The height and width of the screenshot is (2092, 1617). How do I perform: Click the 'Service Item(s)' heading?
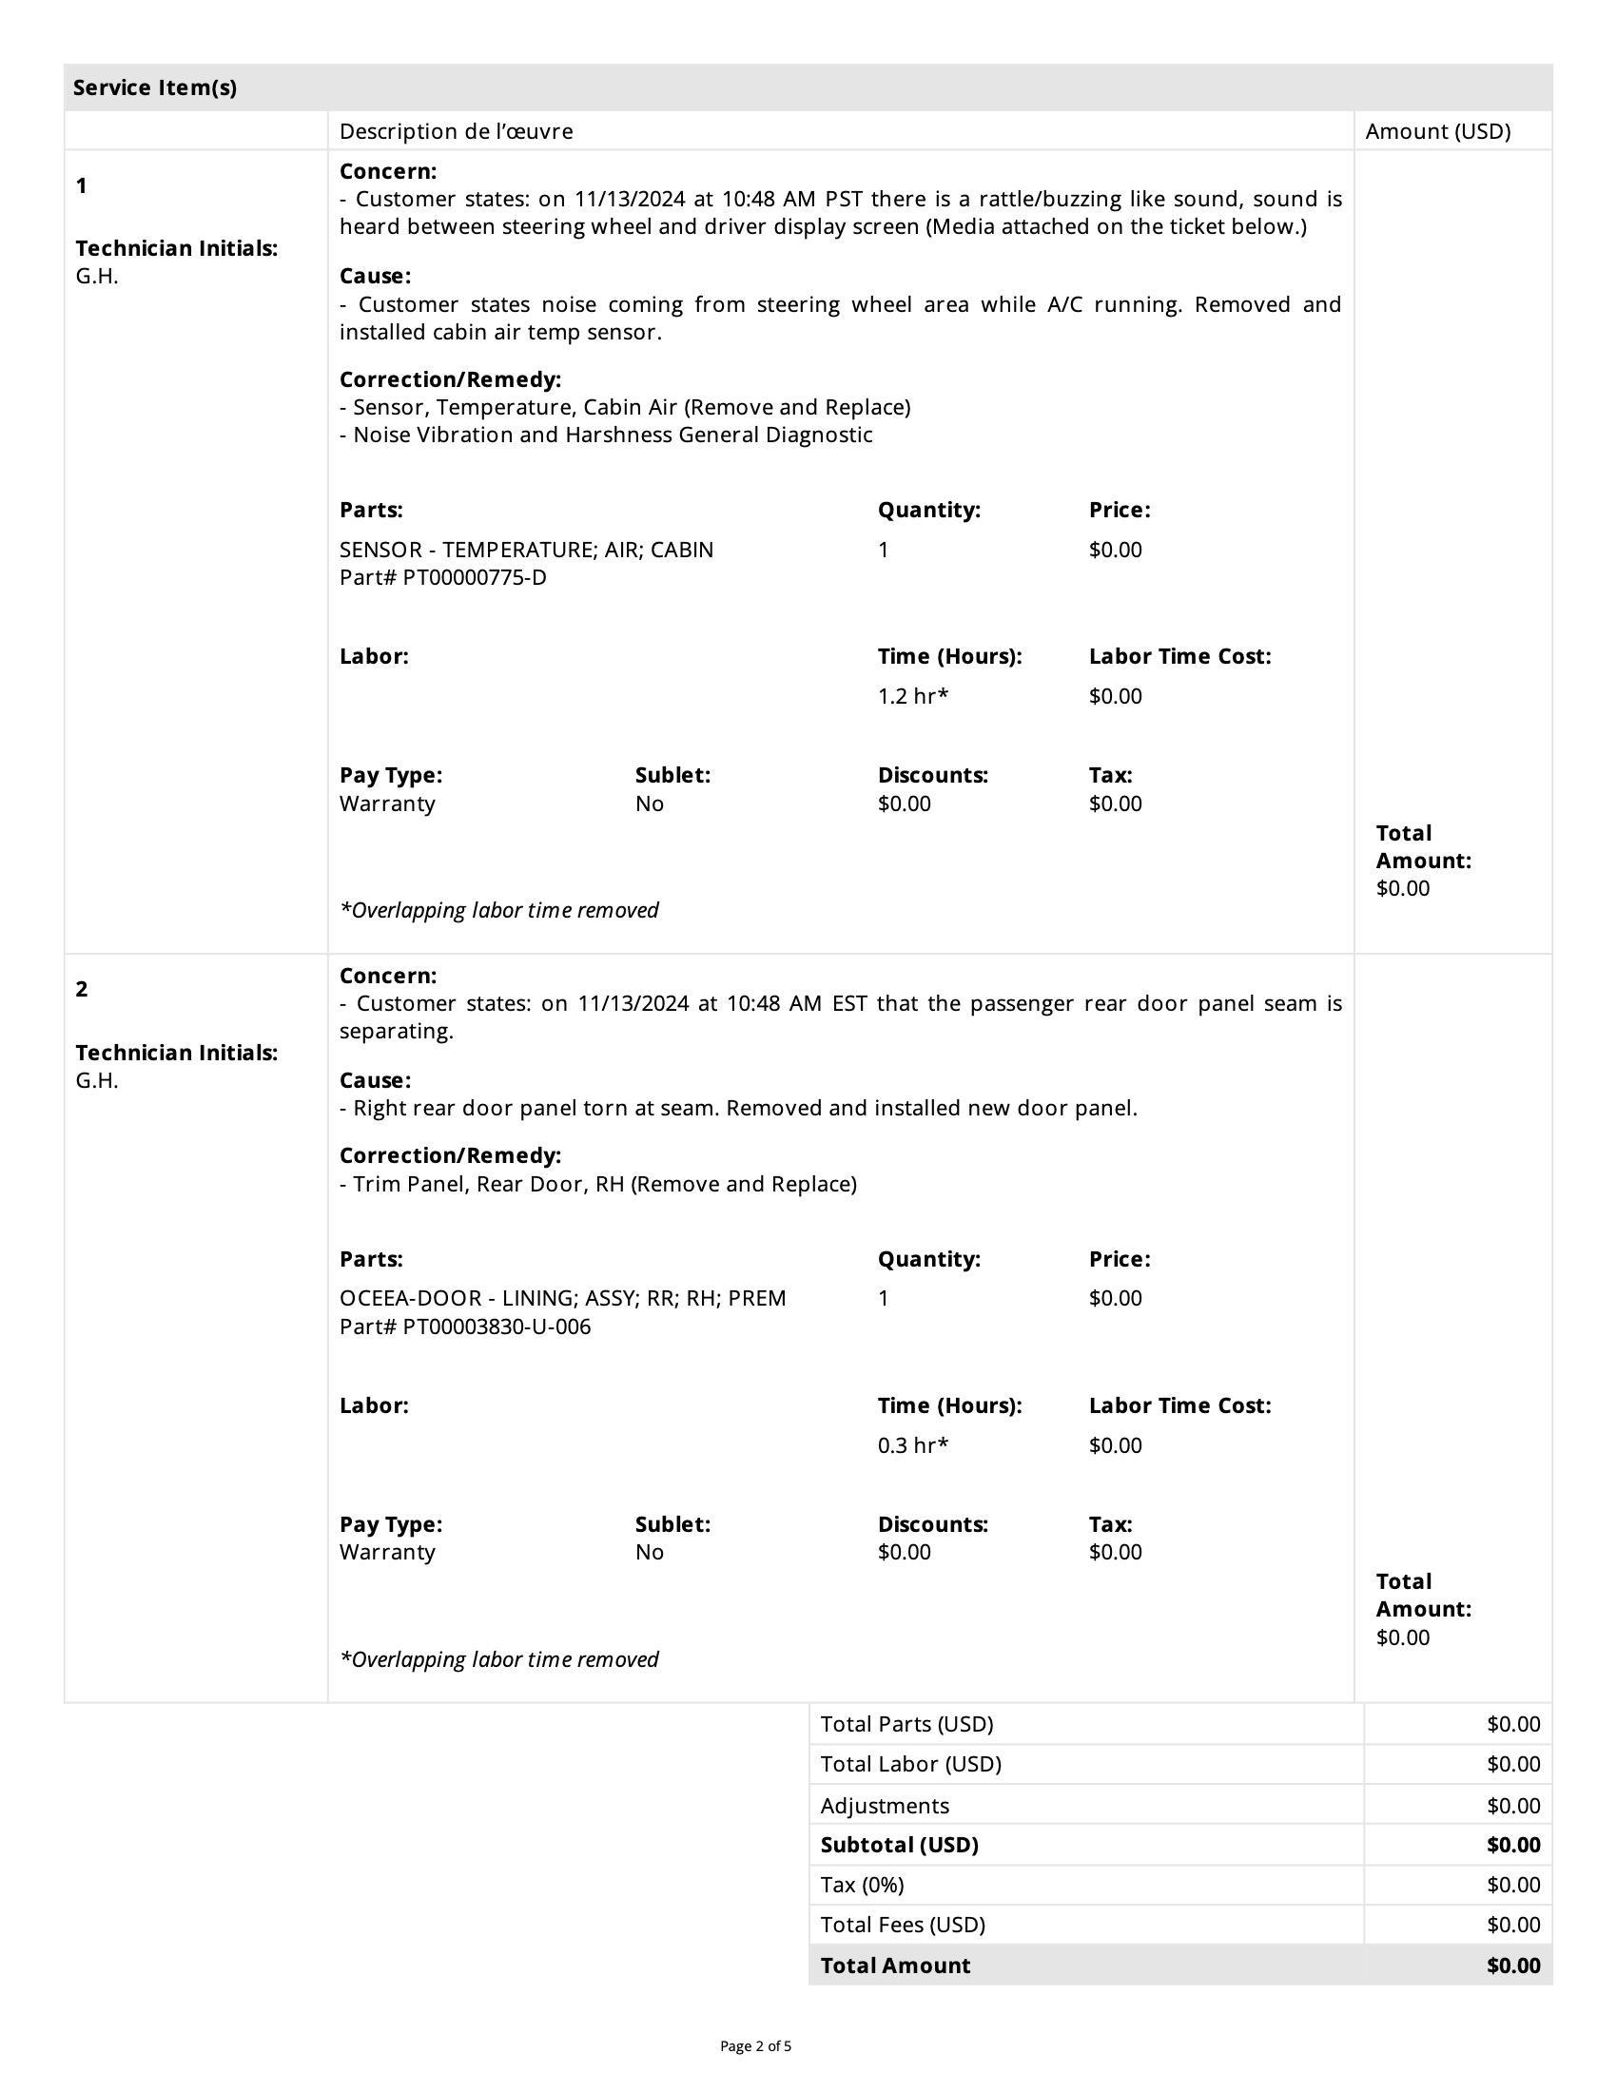click(x=154, y=88)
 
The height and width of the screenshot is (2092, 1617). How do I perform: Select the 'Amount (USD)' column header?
click(x=1437, y=131)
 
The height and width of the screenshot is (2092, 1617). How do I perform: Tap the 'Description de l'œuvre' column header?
click(x=456, y=131)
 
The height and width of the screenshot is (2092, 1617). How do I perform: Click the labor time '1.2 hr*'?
click(x=912, y=696)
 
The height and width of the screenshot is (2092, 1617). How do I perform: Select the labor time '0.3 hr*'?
click(x=912, y=1445)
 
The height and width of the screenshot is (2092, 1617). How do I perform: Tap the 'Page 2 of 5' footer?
click(x=755, y=2047)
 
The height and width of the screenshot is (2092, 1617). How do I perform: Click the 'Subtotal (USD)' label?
click(x=899, y=1845)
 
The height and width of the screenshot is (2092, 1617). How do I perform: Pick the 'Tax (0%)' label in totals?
click(x=861, y=1885)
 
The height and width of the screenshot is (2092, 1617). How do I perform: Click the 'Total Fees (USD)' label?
click(x=903, y=1926)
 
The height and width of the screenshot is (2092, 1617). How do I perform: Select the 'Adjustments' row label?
click(x=885, y=1806)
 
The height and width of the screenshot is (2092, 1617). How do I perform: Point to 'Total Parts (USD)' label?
click(x=906, y=1724)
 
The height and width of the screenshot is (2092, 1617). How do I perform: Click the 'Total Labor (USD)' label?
click(x=910, y=1764)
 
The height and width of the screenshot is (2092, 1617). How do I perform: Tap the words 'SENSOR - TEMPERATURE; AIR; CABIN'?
click(x=526, y=550)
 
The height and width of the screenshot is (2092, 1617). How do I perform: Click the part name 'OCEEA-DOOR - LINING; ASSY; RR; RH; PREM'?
click(x=562, y=1299)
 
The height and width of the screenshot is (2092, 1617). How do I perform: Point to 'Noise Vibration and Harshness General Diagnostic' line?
click(x=613, y=436)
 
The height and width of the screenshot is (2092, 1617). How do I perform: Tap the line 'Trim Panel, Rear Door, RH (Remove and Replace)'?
click(x=604, y=1185)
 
